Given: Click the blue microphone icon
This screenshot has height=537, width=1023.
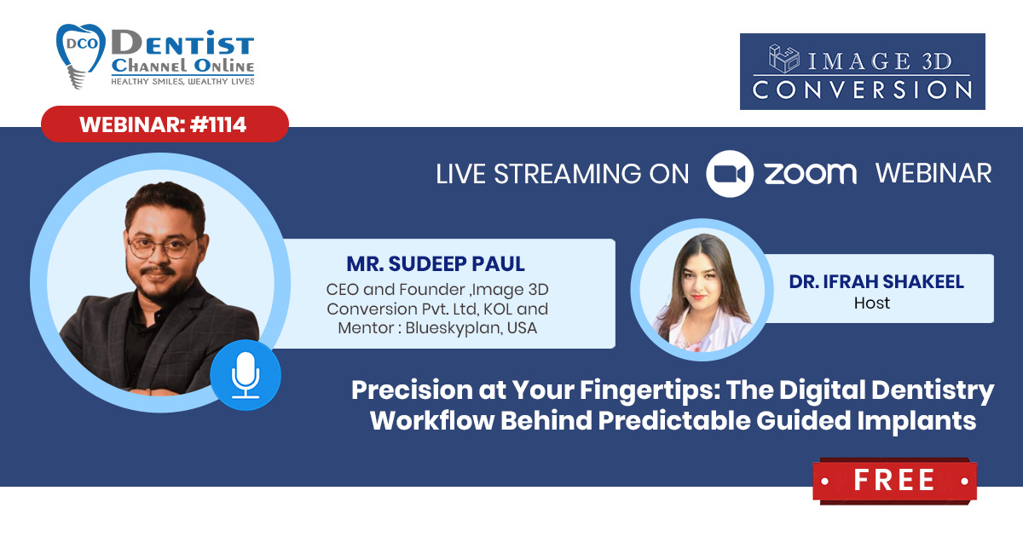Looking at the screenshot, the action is pos(246,375).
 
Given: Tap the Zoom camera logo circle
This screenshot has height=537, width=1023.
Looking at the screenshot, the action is pos(730,174).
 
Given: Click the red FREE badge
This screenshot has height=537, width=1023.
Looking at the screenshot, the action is pos(894,481).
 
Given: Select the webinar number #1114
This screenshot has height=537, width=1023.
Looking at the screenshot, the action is pos(218,124).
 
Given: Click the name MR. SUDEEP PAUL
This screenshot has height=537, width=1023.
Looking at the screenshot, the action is pos(436,264).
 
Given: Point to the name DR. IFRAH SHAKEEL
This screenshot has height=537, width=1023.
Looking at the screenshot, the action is pos(876,282).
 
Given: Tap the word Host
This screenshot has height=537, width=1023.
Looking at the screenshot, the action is pos(872,303).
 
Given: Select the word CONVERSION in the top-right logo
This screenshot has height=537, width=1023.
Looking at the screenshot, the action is pos(862,90).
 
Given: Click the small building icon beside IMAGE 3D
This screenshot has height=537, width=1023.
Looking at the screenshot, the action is pos(783,59).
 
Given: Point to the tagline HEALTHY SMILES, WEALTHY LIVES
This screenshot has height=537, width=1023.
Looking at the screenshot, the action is pos(182,82).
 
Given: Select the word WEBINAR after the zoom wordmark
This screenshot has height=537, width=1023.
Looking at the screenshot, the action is pos(933,174).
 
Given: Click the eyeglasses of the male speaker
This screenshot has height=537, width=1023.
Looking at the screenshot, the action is pos(163,247).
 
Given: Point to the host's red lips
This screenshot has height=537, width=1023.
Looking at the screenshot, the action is pos(697,297).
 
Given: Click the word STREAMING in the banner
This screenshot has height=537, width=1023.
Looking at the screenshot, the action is pos(568,175).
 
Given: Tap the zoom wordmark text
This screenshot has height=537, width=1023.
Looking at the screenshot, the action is pos(811,174).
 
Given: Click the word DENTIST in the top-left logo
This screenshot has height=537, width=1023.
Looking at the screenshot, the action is pos(182,43).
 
